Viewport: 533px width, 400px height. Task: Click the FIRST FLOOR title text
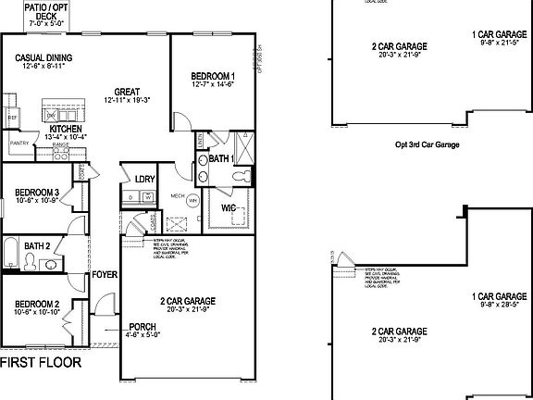click(x=41, y=362)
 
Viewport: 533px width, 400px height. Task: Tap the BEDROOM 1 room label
click(x=213, y=76)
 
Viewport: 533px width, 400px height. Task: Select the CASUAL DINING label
click(x=43, y=57)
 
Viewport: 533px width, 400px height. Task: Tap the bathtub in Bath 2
click(x=9, y=256)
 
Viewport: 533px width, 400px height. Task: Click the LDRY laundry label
click(x=144, y=180)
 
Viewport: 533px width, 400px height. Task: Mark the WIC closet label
click(x=229, y=208)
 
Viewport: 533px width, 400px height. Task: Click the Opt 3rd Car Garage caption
click(x=428, y=144)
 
